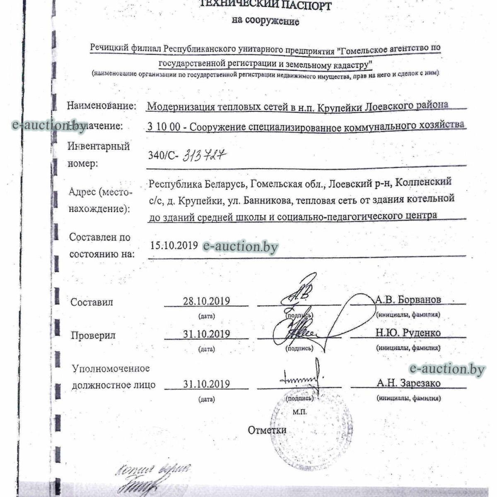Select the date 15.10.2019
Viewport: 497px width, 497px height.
[x=174, y=245]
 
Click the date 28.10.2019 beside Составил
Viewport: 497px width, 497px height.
[x=206, y=301]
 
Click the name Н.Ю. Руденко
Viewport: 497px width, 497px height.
[x=408, y=333]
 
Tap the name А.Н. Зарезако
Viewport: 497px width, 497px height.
[x=408, y=383]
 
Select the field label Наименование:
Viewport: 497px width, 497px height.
[x=101, y=106]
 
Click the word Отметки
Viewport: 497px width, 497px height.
[x=267, y=430]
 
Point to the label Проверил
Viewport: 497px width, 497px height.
[x=93, y=335]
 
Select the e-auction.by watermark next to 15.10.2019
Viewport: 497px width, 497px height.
[x=240, y=247]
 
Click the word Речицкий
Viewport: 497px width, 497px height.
[x=109, y=49]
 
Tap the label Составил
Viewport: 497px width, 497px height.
[x=92, y=302]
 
